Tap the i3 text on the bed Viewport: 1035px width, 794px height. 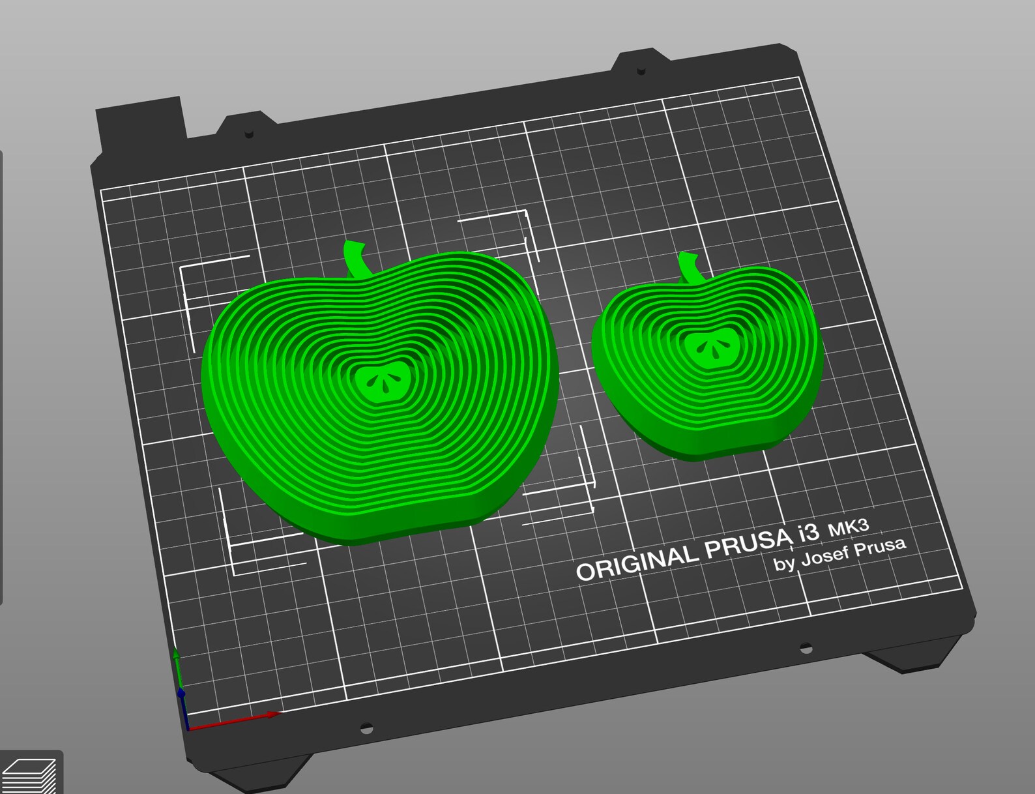pos(807,533)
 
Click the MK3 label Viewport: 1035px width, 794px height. pos(848,526)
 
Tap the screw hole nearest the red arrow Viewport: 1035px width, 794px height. pos(366,726)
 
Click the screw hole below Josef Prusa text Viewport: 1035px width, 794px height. pos(806,648)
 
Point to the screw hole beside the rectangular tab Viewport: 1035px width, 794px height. pos(248,134)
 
